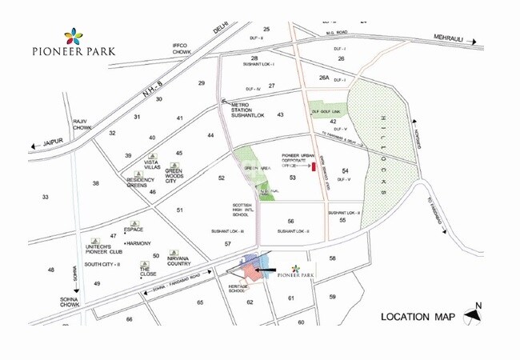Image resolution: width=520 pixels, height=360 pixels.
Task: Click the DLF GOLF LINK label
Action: (326, 112)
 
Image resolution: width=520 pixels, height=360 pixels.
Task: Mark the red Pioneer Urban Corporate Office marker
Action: (314, 166)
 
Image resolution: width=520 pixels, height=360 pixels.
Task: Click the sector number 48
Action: (50, 270)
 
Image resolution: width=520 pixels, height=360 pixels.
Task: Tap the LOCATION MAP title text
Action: (417, 317)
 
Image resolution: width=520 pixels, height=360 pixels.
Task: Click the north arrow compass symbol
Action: (474, 314)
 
